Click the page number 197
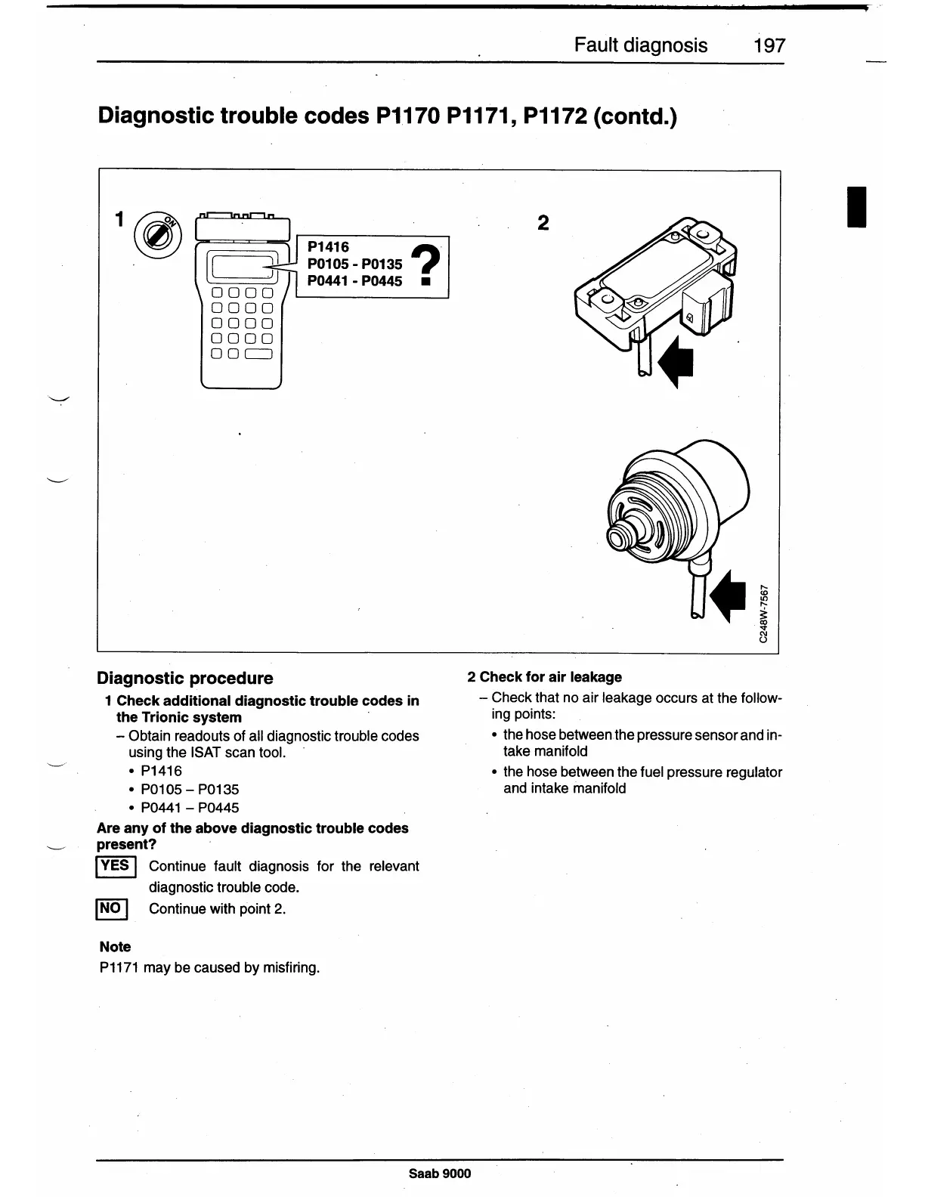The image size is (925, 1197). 769,45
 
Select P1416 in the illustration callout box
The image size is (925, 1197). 328,247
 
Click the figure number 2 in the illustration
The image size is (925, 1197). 543,223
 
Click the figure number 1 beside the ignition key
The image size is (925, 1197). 119,218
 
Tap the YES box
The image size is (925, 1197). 116,866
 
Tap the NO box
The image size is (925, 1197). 111,908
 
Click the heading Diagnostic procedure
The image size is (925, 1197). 185,678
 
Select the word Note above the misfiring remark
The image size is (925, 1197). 115,946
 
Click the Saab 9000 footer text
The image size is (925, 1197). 439,1173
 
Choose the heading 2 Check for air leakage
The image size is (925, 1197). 544,677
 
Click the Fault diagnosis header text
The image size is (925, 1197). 640,45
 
